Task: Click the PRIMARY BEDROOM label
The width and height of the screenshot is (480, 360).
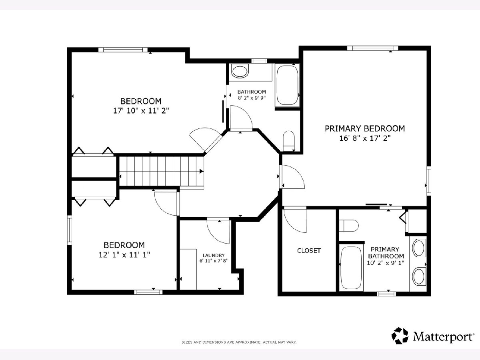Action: point(365,128)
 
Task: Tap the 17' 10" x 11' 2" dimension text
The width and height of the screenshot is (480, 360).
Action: point(141,111)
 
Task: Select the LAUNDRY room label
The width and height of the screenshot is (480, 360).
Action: point(214,255)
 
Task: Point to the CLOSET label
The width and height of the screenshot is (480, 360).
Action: point(309,250)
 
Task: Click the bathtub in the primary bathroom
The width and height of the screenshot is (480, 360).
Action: point(351,268)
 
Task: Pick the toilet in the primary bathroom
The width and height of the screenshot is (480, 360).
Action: point(348,225)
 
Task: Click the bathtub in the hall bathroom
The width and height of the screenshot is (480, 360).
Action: point(287,85)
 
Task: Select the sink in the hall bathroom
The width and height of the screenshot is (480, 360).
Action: point(240,71)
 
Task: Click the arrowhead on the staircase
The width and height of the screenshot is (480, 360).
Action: point(202,171)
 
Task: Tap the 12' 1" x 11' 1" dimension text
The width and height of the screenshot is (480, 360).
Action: point(124,255)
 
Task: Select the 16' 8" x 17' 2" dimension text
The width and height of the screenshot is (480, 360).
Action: point(365,138)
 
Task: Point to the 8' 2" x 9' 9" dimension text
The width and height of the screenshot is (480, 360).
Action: point(252,98)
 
